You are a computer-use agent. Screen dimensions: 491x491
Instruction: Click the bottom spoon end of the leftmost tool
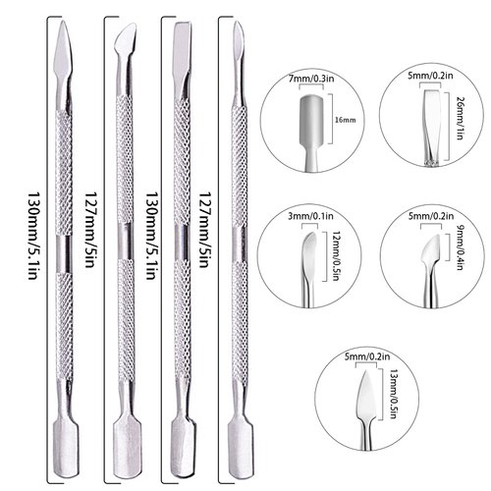[64, 432]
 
